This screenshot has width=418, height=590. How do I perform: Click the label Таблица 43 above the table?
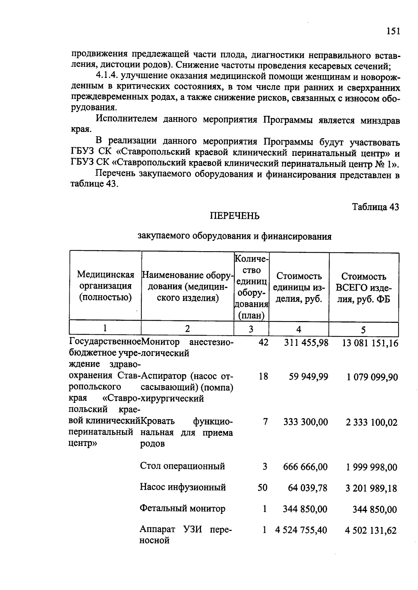click(x=375, y=207)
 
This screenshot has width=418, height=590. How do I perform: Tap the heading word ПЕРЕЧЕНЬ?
click(x=234, y=216)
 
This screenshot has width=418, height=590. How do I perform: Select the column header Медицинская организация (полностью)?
click(x=106, y=286)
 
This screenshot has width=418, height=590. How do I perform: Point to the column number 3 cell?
click(x=251, y=329)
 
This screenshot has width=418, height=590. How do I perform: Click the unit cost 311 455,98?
click(x=306, y=343)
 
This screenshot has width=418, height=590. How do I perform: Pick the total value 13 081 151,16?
click(x=370, y=343)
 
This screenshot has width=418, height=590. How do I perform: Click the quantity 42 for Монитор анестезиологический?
click(x=263, y=342)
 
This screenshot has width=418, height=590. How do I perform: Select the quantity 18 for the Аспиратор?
click(x=263, y=376)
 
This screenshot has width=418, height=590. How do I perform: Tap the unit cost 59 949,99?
click(x=308, y=377)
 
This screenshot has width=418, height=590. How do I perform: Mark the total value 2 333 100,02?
click(x=371, y=423)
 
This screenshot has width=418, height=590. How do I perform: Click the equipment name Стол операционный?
click(x=182, y=466)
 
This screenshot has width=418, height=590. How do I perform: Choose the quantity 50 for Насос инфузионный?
click(x=262, y=488)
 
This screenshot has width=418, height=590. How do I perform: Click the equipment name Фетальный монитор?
click(x=182, y=509)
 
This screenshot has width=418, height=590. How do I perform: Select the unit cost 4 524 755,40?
click(x=301, y=530)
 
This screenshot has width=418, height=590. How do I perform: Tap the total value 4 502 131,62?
click(x=371, y=531)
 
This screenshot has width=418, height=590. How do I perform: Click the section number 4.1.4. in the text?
click(x=107, y=76)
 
